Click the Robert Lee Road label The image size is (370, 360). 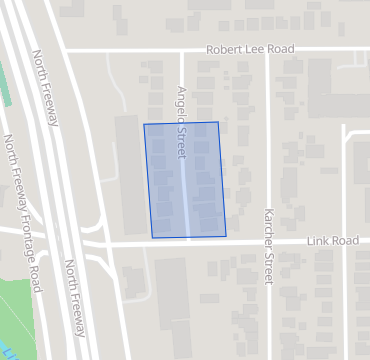coord(252,49)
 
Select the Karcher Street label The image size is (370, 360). coord(268,243)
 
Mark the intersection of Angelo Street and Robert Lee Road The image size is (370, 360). coord(181,49)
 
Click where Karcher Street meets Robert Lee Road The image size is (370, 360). coord(267,49)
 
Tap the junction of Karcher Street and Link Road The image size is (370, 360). coord(268,241)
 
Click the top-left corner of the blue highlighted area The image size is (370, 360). coord(144,125)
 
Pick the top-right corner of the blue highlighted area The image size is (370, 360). coord(218,122)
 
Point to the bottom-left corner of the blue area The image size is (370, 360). coord(152,238)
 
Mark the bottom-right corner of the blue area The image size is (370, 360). coord(226,236)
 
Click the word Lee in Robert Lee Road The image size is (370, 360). coord(256,49)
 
